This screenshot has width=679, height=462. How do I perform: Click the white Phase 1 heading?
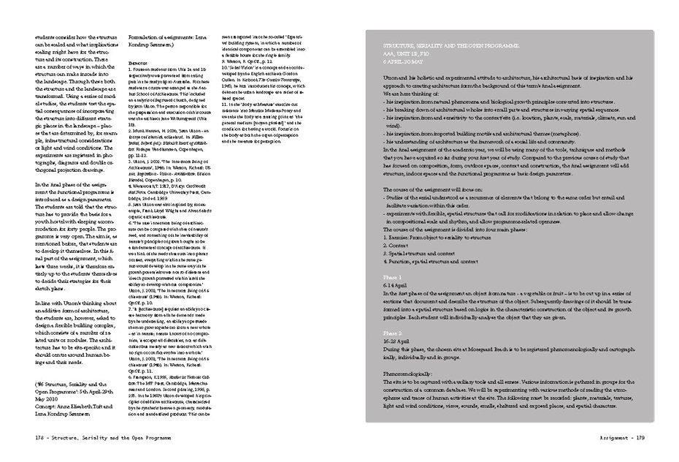[x=392, y=299]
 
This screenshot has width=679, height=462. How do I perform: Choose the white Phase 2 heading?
[x=392, y=340]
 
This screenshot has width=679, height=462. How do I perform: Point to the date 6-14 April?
[x=394, y=306]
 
